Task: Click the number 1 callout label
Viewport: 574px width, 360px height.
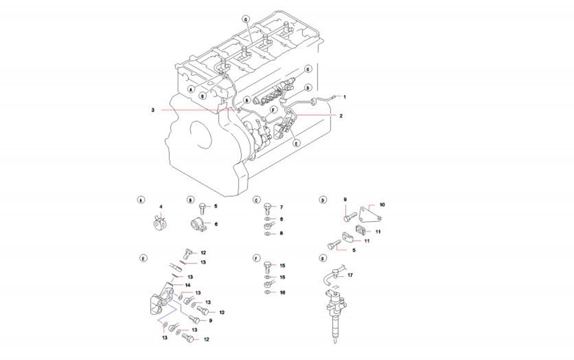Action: coord(345,97)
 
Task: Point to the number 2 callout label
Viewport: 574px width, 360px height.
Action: coord(341,116)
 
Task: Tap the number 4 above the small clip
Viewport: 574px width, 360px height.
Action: coord(161,207)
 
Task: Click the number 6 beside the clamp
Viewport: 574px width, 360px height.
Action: coord(216,224)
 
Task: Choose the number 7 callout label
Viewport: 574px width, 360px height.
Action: coord(281,207)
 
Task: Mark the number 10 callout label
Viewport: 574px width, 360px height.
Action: coord(382,204)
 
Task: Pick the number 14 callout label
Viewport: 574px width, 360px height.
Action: coord(187,285)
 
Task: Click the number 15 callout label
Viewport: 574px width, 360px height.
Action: coord(283,265)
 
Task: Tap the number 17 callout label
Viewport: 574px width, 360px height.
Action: coord(350,275)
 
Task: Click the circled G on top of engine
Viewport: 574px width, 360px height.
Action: coord(246,19)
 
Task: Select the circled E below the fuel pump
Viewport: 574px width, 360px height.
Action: coord(297,143)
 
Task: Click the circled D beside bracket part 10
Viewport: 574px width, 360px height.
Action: coord(322,200)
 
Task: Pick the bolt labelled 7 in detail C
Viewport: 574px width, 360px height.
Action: coord(267,209)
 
